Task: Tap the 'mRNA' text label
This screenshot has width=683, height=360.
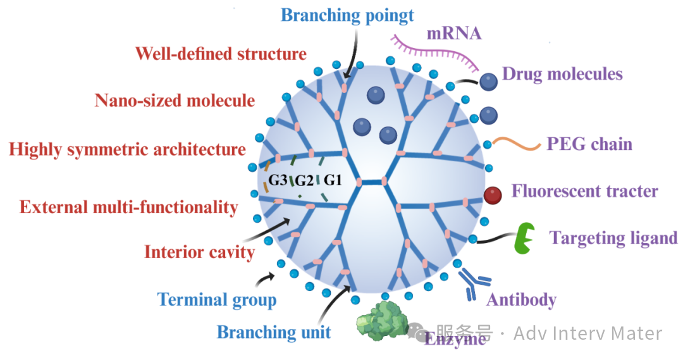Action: click(x=454, y=34)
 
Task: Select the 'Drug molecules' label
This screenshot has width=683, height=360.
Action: click(x=562, y=74)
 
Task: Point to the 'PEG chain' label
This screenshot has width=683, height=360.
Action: click(x=589, y=144)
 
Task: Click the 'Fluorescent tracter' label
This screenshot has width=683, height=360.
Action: click(x=584, y=190)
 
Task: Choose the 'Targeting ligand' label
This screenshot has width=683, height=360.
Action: click(x=613, y=238)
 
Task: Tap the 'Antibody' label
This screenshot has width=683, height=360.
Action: click(x=521, y=299)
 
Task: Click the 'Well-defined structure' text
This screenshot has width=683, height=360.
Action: click(x=221, y=54)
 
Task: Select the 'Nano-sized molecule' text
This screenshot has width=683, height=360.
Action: click(x=175, y=100)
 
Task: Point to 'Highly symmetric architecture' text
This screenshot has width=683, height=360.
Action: click(x=127, y=149)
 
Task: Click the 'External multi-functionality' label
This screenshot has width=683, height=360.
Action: click(x=128, y=207)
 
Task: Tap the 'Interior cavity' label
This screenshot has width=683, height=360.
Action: click(x=199, y=252)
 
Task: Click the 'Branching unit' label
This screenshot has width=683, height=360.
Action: click(x=274, y=332)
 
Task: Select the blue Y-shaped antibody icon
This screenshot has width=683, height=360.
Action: click(x=473, y=283)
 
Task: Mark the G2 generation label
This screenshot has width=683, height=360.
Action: click(x=305, y=181)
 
